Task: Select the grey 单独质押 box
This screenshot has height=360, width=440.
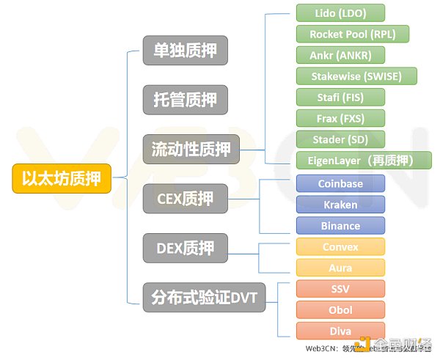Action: point(186,51)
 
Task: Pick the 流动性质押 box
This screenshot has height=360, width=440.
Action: point(191,150)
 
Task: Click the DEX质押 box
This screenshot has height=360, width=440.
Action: point(186,248)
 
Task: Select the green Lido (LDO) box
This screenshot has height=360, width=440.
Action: point(340,13)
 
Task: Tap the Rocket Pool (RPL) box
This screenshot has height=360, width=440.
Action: point(352,34)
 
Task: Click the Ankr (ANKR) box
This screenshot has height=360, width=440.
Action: point(340,55)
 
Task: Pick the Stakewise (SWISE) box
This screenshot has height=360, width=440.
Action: point(357,76)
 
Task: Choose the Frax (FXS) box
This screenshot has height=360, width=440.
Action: point(340,118)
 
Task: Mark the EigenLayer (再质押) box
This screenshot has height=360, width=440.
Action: point(364,160)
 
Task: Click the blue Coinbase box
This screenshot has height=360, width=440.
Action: point(340,184)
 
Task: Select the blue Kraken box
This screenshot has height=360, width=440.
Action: point(340,205)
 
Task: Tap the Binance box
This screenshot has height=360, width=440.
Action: point(340,225)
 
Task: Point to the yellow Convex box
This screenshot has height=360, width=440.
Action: point(340,247)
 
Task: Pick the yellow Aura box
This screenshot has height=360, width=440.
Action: point(340,268)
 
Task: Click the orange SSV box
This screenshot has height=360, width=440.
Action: point(340,289)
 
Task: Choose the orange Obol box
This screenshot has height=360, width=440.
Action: point(340,309)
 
